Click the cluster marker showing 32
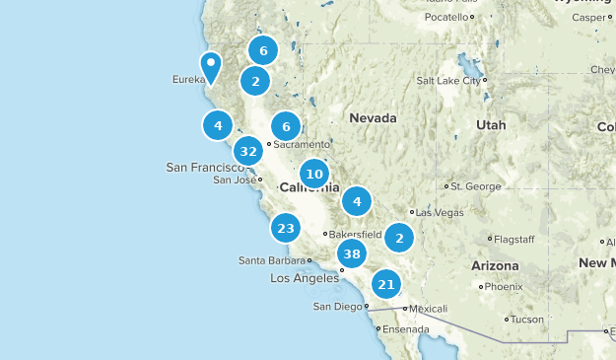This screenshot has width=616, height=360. pos(248,151)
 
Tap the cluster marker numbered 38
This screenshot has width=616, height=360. pos(352,254)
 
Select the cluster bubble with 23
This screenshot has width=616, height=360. pos(286,228)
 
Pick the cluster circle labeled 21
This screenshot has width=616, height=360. pos(386,285)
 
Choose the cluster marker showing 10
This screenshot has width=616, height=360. pos(314,175)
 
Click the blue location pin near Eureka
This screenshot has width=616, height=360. pos(211,67)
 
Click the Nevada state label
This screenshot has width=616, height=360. pos(373,118)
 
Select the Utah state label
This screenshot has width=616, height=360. pos(490,125)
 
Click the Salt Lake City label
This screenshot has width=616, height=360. pos(447,81)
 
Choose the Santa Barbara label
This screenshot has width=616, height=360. pos(271,260)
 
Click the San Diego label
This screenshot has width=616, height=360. pos(337,306)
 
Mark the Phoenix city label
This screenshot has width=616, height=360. pos(505,287)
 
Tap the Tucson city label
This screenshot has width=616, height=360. pos(530,320)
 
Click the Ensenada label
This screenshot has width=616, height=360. pos(406,328)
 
